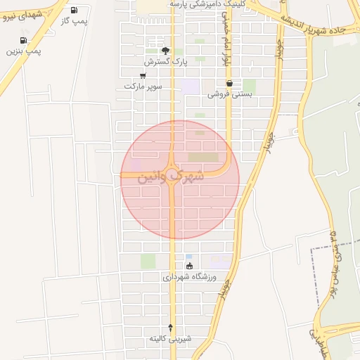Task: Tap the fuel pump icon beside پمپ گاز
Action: click(75, 10)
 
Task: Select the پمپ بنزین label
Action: click(24, 51)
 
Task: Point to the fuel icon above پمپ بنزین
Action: click(24, 40)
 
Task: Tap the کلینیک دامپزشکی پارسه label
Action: click(210, 4)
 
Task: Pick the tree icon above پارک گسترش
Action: click(165, 51)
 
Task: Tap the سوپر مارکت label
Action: click(143, 86)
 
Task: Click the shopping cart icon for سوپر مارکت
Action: click(143, 75)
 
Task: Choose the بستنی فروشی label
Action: click(229, 94)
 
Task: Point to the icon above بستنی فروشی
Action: click(229, 83)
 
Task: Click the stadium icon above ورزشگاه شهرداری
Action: click(189, 266)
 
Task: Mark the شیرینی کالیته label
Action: click(169, 339)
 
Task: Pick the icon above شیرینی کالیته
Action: click(169, 328)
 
